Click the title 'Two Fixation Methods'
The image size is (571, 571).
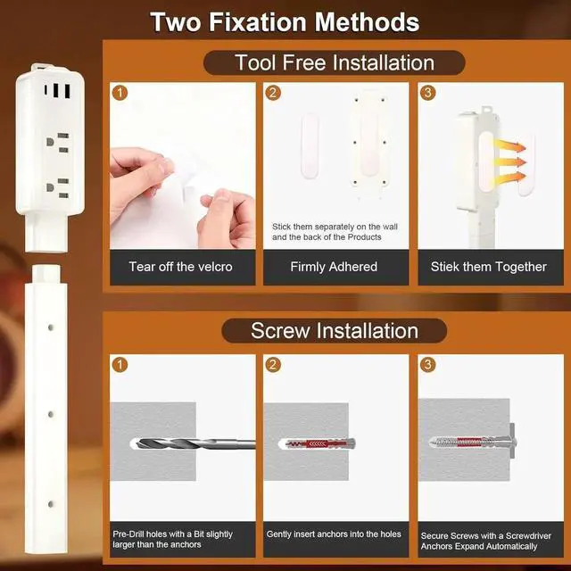coord(285,21)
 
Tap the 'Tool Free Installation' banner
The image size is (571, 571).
coord(335,62)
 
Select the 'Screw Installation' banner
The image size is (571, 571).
coord(335,330)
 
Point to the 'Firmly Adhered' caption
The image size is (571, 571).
coord(334,267)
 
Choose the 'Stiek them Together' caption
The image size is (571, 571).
coord(489,267)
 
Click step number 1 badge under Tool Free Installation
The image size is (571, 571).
coord(120,92)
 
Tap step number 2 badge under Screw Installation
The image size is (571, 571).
coord(274,364)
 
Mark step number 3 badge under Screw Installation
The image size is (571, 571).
coord(428,364)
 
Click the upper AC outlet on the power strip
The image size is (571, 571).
coord(57,143)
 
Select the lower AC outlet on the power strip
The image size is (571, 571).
coord(57,187)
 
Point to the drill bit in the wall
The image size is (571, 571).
coord(187,443)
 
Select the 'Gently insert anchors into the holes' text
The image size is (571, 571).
coord(334,534)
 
